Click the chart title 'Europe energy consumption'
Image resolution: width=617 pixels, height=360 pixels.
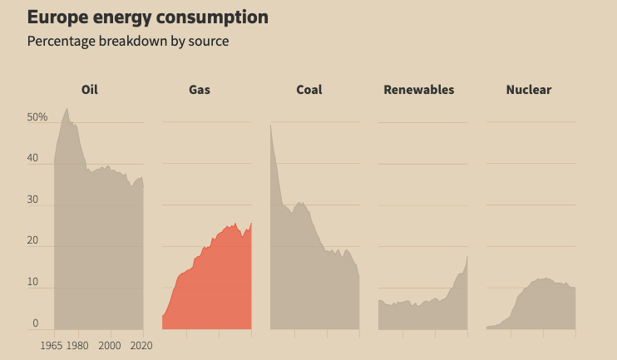point(148,17)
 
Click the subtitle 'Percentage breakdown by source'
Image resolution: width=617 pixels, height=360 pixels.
point(128,41)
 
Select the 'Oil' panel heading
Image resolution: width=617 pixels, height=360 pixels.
point(90,90)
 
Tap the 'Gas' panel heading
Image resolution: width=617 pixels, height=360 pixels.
point(200,90)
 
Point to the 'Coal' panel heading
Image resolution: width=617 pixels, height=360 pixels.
point(309,90)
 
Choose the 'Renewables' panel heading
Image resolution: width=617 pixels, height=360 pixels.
point(419,90)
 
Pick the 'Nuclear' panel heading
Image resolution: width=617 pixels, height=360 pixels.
point(529,90)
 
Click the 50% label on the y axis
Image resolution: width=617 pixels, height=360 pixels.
point(37,117)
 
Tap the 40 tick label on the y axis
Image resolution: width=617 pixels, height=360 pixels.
point(33,158)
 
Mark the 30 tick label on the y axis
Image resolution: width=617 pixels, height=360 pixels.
point(33,200)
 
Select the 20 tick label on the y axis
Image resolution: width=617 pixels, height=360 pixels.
point(33,241)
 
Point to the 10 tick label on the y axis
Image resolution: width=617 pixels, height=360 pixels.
point(33,282)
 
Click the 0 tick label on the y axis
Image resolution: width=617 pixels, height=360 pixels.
point(36,323)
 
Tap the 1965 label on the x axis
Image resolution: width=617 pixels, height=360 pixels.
point(52,345)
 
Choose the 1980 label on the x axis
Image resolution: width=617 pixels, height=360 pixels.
point(77,345)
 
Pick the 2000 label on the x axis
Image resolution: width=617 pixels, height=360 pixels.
point(110,345)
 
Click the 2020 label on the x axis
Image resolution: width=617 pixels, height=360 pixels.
point(141,345)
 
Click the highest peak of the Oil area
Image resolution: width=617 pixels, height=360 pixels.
point(67,108)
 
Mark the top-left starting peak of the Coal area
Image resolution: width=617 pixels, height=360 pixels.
point(271,126)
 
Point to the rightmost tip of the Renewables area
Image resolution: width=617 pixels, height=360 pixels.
point(467,255)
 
